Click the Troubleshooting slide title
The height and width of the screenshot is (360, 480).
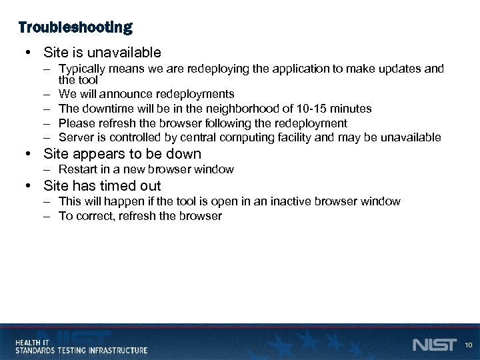point(75,27)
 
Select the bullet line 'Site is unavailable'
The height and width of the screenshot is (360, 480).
point(102,52)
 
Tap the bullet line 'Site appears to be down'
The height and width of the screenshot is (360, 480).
point(122,154)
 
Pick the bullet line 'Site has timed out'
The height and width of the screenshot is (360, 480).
point(102,185)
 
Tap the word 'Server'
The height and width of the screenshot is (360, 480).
point(75,138)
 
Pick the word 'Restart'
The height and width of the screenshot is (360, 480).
point(77,169)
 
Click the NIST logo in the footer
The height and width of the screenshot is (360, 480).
point(434,344)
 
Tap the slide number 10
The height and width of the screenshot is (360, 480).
point(469,345)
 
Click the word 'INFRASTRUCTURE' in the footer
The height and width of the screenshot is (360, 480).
point(116,349)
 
